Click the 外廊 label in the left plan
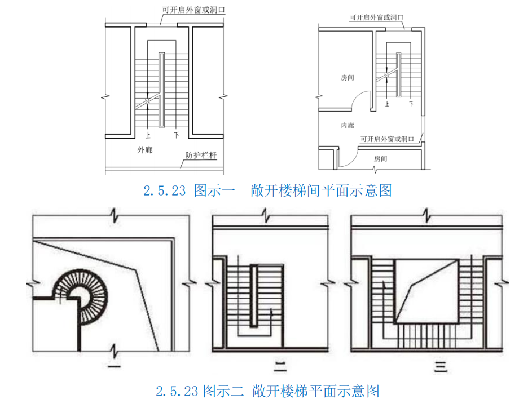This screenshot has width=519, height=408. [145, 150]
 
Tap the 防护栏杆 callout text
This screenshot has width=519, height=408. [201, 155]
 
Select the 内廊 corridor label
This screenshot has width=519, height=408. [348, 125]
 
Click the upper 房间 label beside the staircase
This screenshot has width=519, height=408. [348, 78]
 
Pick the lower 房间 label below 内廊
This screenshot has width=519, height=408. [381, 159]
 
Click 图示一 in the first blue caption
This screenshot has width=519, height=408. [214, 191]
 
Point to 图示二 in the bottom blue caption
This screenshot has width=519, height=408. [223, 391]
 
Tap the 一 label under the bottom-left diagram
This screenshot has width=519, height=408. [114, 366]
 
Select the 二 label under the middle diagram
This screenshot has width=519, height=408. [280, 367]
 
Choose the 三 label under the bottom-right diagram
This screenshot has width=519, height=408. [441, 367]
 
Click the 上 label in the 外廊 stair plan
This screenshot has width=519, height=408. [148, 135]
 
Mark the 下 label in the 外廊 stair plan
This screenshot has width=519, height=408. [177, 135]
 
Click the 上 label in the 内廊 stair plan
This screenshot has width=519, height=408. [387, 104]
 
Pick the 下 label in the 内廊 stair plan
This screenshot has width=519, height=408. [411, 104]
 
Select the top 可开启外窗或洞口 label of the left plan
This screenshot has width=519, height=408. [193, 10]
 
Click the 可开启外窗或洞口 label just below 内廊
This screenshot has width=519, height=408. [387, 139]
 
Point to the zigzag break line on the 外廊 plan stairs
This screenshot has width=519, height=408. [148, 101]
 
